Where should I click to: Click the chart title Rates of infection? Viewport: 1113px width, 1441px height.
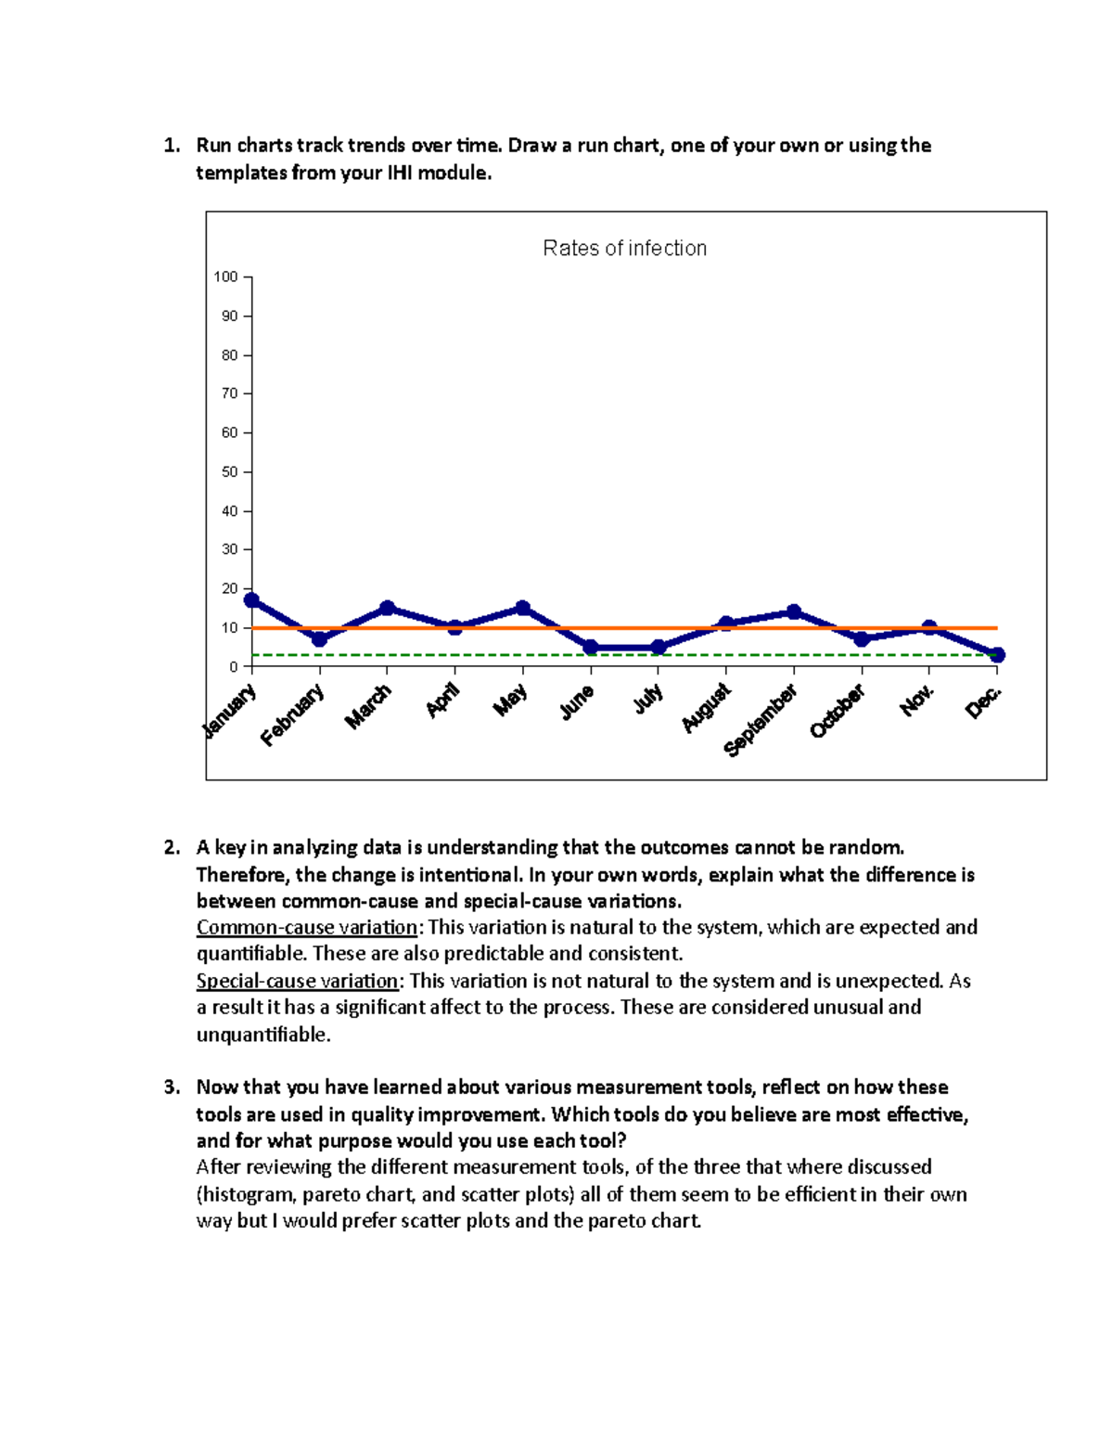tap(624, 249)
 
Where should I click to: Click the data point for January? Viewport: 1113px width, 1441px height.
tap(251, 600)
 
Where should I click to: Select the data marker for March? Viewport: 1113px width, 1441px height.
tap(388, 608)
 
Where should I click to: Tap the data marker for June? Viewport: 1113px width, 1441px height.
tap(591, 648)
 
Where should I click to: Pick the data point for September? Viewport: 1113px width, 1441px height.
tap(794, 611)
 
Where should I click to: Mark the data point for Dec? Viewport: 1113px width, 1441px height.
tap(997, 655)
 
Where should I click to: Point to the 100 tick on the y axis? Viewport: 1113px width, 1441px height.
tap(226, 277)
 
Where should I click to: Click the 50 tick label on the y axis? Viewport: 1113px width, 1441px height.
tap(229, 472)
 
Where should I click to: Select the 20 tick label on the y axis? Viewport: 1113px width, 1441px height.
tap(229, 589)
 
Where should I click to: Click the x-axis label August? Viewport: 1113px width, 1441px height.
tap(707, 708)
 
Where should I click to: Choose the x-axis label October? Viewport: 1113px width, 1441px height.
tap(838, 711)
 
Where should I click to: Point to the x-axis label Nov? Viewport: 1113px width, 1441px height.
tap(916, 701)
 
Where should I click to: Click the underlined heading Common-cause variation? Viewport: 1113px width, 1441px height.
tap(307, 928)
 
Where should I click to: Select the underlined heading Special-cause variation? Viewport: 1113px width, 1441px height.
tap(297, 982)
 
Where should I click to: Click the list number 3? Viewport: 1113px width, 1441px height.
tap(171, 1087)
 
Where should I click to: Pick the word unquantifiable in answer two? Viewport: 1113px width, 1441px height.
tap(262, 1035)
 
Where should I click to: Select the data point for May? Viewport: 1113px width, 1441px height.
tap(523, 608)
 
